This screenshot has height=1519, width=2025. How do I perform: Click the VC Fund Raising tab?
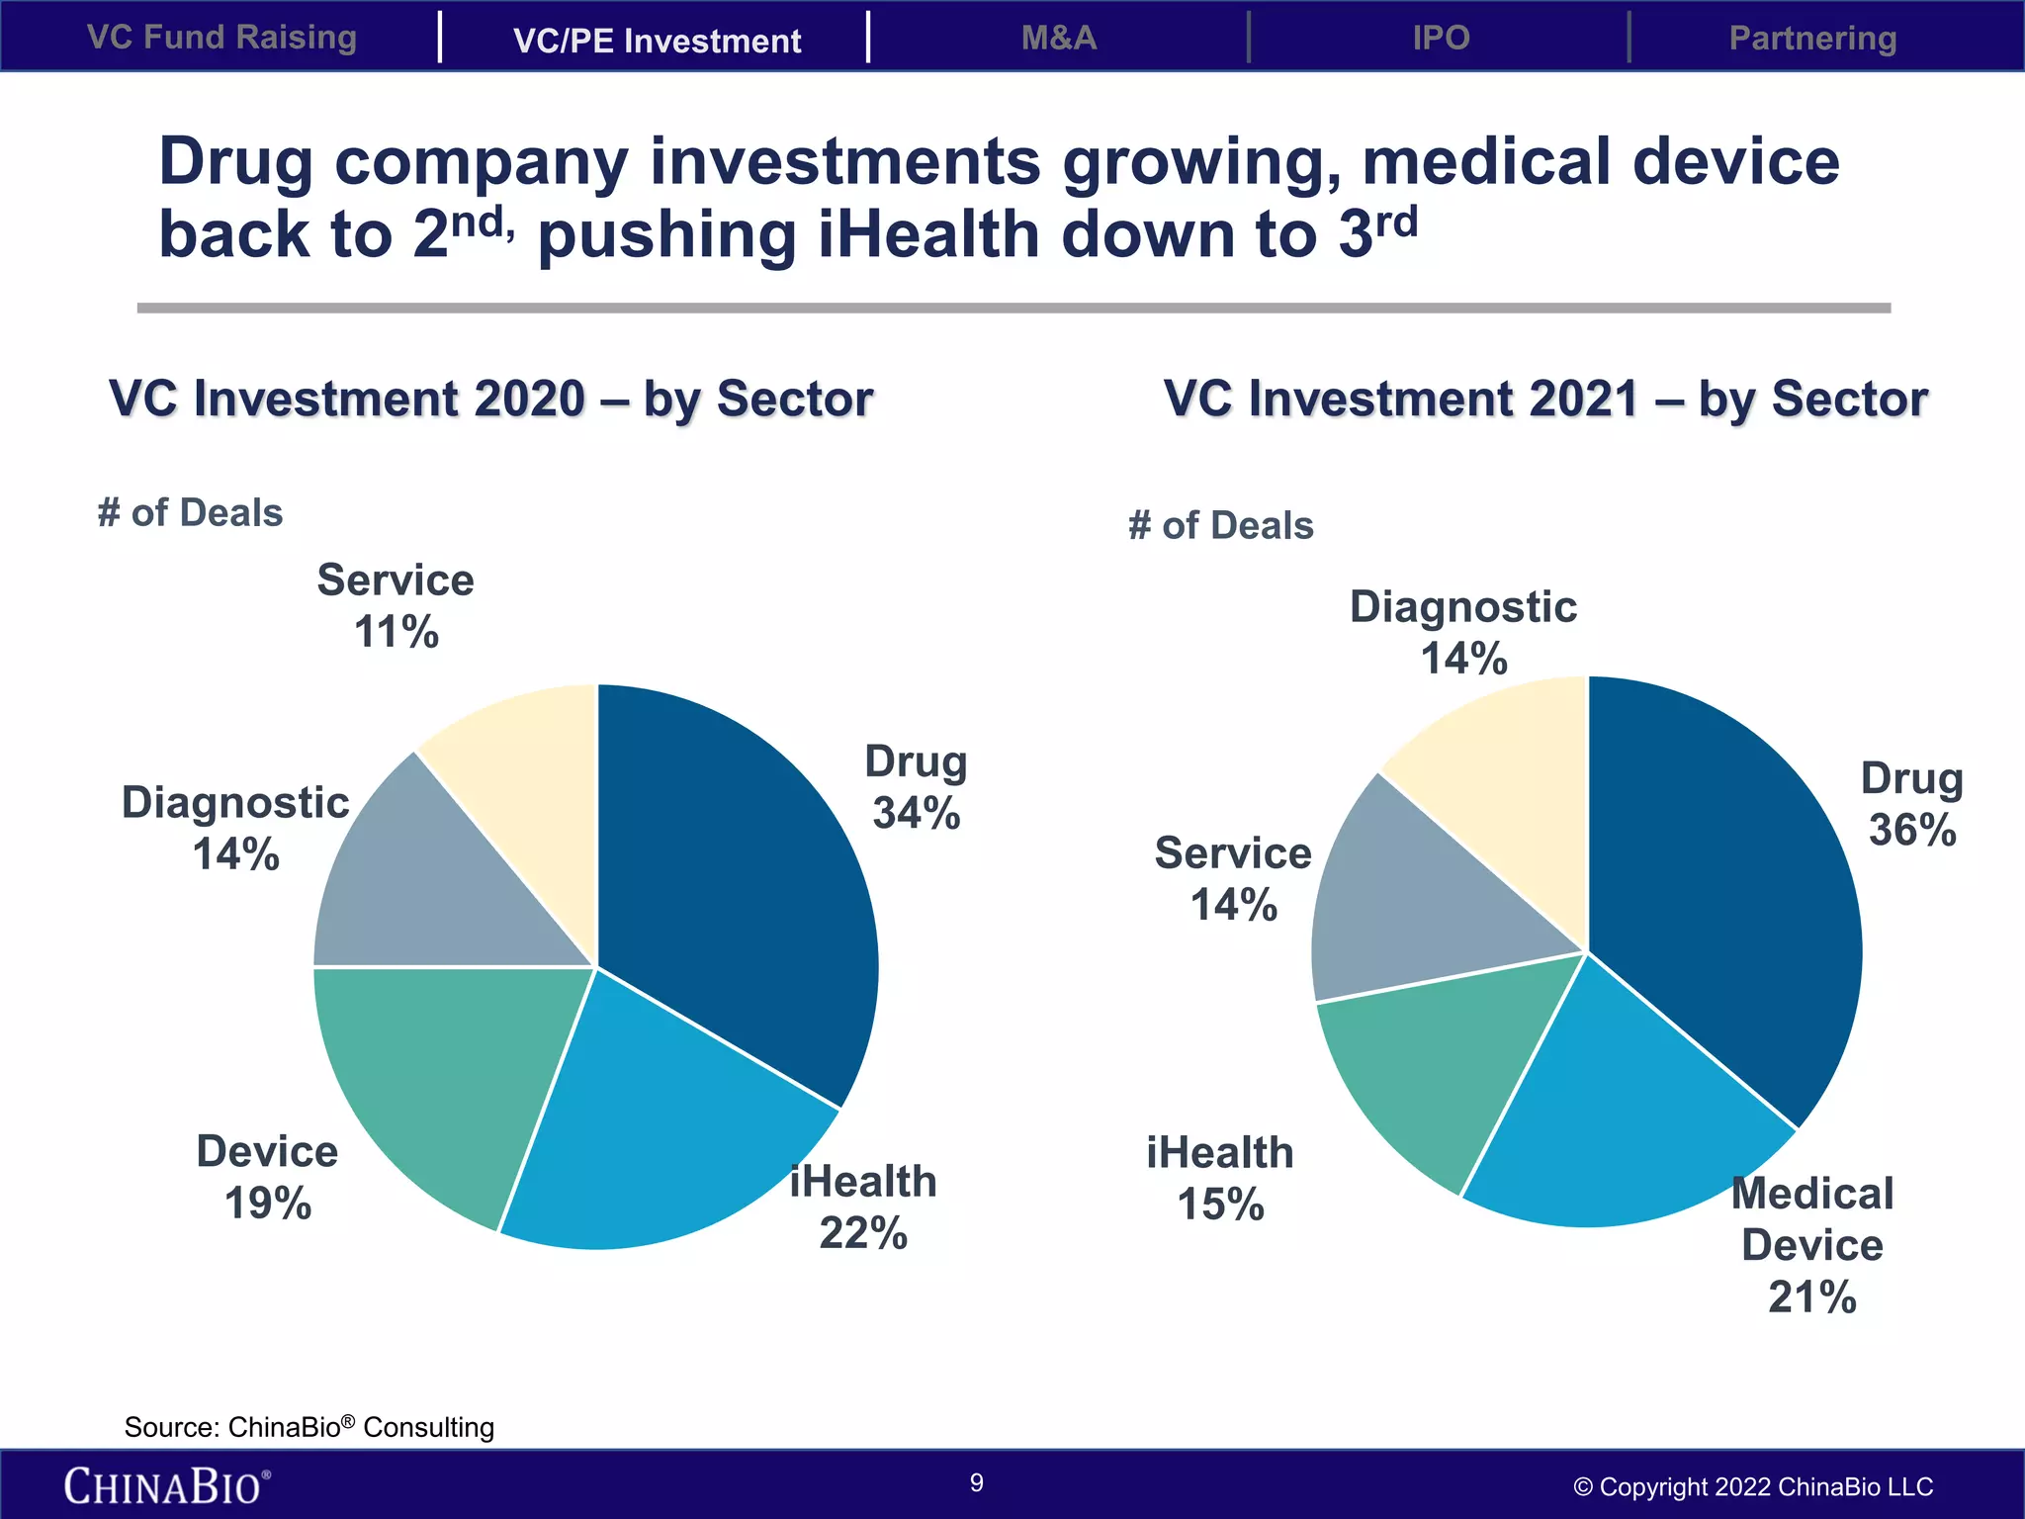[x=221, y=38]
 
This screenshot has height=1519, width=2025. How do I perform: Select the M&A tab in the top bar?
[x=1059, y=38]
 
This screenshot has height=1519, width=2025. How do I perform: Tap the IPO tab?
[x=1441, y=38]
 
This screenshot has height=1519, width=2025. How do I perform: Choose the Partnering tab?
[x=1811, y=38]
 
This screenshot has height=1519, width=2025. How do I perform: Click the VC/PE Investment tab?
[x=657, y=41]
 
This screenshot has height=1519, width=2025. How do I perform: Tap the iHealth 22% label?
[x=862, y=1207]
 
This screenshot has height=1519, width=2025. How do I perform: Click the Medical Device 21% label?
[x=1811, y=1245]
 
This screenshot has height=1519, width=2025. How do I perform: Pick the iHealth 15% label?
[x=1220, y=1179]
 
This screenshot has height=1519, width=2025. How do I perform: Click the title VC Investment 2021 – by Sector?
[x=1544, y=399]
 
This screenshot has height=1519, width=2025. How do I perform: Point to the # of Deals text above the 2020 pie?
[x=190, y=513]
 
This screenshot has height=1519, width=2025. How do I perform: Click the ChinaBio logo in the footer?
[x=166, y=1486]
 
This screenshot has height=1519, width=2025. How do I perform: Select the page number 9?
[x=976, y=1482]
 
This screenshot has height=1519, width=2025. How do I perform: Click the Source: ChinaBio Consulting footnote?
[x=308, y=1427]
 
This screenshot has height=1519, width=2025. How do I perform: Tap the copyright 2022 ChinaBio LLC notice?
[x=1752, y=1486]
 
